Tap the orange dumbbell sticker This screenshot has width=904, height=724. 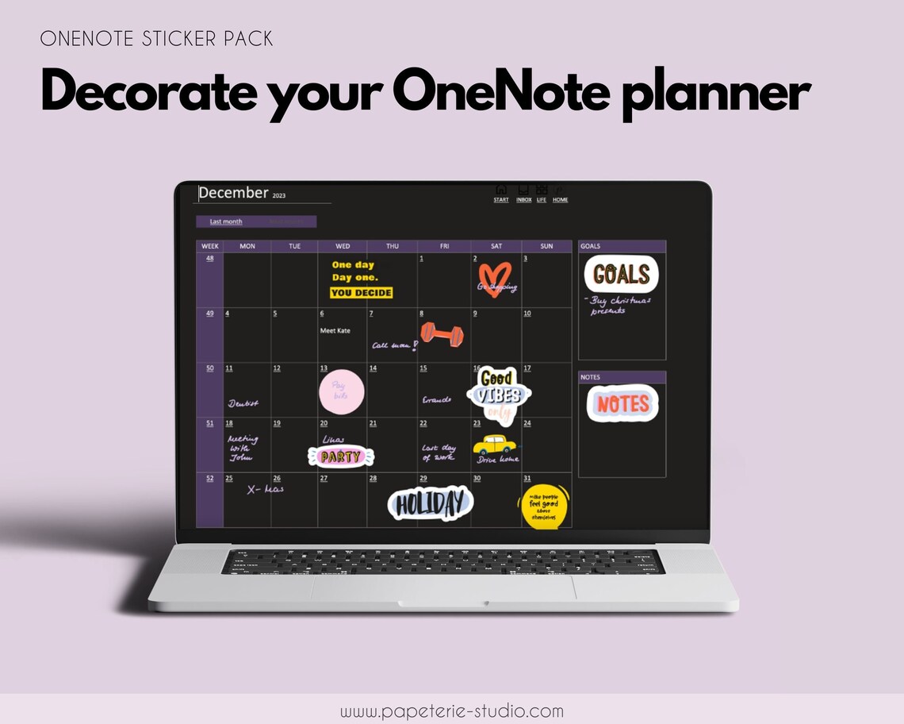442,333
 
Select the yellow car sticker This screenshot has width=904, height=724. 495,445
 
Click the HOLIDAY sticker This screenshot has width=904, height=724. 430,503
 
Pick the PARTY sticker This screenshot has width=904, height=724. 340,456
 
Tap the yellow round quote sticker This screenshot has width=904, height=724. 545,506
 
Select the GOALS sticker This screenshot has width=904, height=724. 621,275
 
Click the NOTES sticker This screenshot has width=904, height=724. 622,404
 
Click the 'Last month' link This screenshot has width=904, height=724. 226,221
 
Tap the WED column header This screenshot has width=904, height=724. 343,246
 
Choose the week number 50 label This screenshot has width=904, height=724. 209,368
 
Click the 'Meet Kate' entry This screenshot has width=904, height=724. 335,330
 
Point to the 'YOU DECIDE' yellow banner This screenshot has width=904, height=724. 362,293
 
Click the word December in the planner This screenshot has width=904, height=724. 233,193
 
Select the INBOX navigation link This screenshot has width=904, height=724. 524,199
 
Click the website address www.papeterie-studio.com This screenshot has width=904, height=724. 452,711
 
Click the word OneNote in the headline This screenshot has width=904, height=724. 500,94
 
